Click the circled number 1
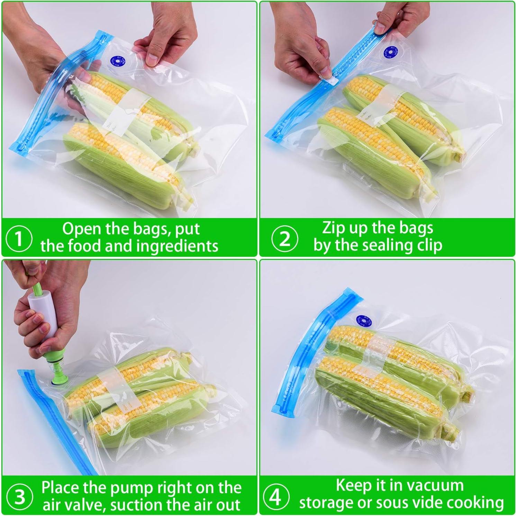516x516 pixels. pos(19,238)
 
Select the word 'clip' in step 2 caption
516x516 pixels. pos(429,245)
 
